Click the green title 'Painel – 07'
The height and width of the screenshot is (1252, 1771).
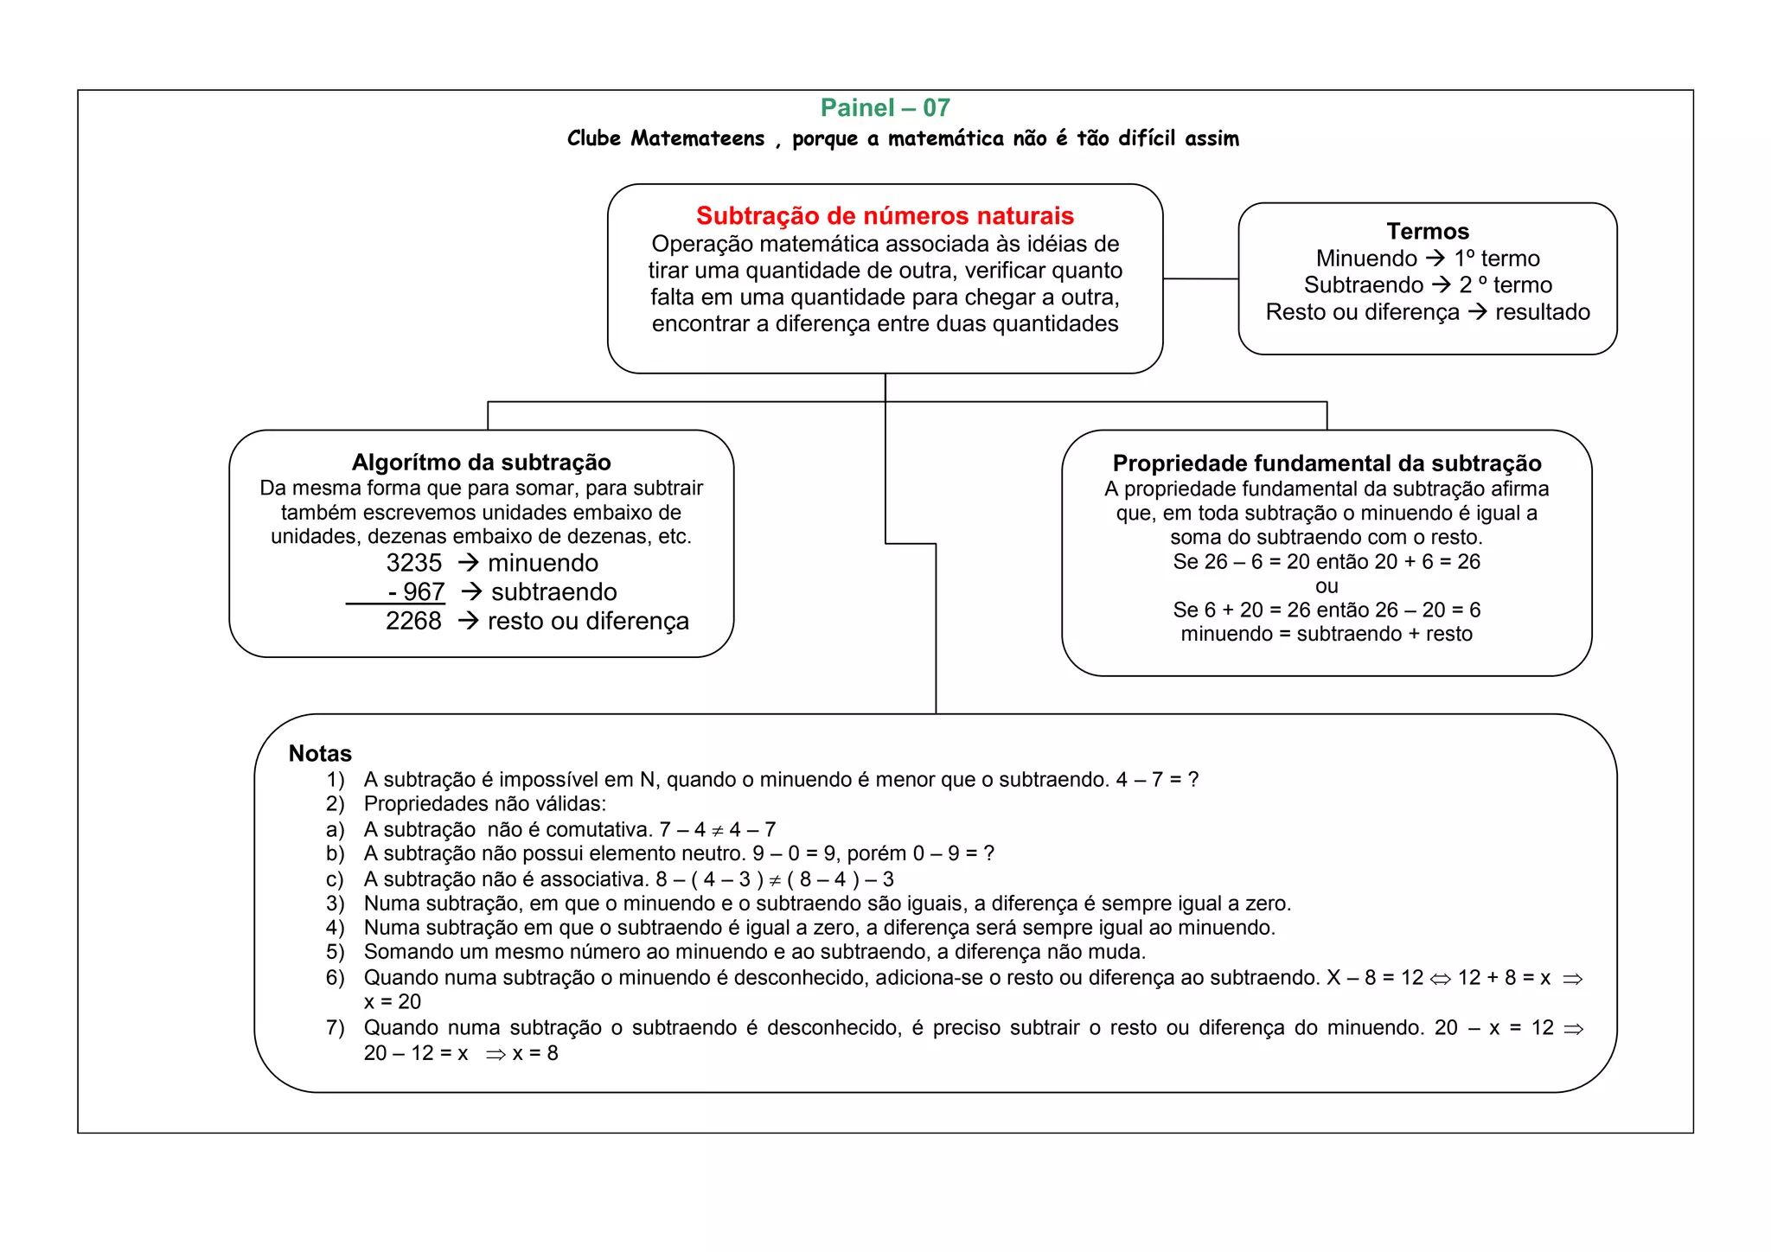(x=885, y=108)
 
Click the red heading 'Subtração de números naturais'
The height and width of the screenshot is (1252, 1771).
(x=885, y=215)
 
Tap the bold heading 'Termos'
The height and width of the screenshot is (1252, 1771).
(x=1428, y=231)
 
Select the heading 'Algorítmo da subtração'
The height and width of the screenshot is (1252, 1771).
(x=481, y=462)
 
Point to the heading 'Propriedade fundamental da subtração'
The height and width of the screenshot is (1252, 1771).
(x=1327, y=463)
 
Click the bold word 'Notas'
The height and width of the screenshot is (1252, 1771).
(x=320, y=753)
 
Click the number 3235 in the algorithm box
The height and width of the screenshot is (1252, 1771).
(x=413, y=563)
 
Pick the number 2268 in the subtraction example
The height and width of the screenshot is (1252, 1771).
(x=413, y=621)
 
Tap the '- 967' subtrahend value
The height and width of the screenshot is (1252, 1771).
(x=416, y=592)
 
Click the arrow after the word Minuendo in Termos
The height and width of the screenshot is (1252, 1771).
(x=1435, y=258)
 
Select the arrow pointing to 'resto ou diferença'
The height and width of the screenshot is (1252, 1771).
(x=468, y=621)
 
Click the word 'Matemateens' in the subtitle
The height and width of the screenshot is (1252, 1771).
(x=697, y=138)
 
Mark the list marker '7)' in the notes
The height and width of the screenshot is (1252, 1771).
(x=336, y=1027)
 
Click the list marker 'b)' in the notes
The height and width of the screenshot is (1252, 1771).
(x=336, y=853)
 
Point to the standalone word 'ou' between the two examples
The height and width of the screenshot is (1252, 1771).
(x=1327, y=586)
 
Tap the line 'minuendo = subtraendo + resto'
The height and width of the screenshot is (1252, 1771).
(x=1327, y=634)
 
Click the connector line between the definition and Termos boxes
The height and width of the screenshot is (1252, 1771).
(x=1200, y=278)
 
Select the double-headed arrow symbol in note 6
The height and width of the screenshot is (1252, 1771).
(x=1441, y=979)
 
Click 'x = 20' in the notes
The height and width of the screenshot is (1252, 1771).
(x=393, y=1001)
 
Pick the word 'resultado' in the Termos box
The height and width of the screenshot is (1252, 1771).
(x=1543, y=311)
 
